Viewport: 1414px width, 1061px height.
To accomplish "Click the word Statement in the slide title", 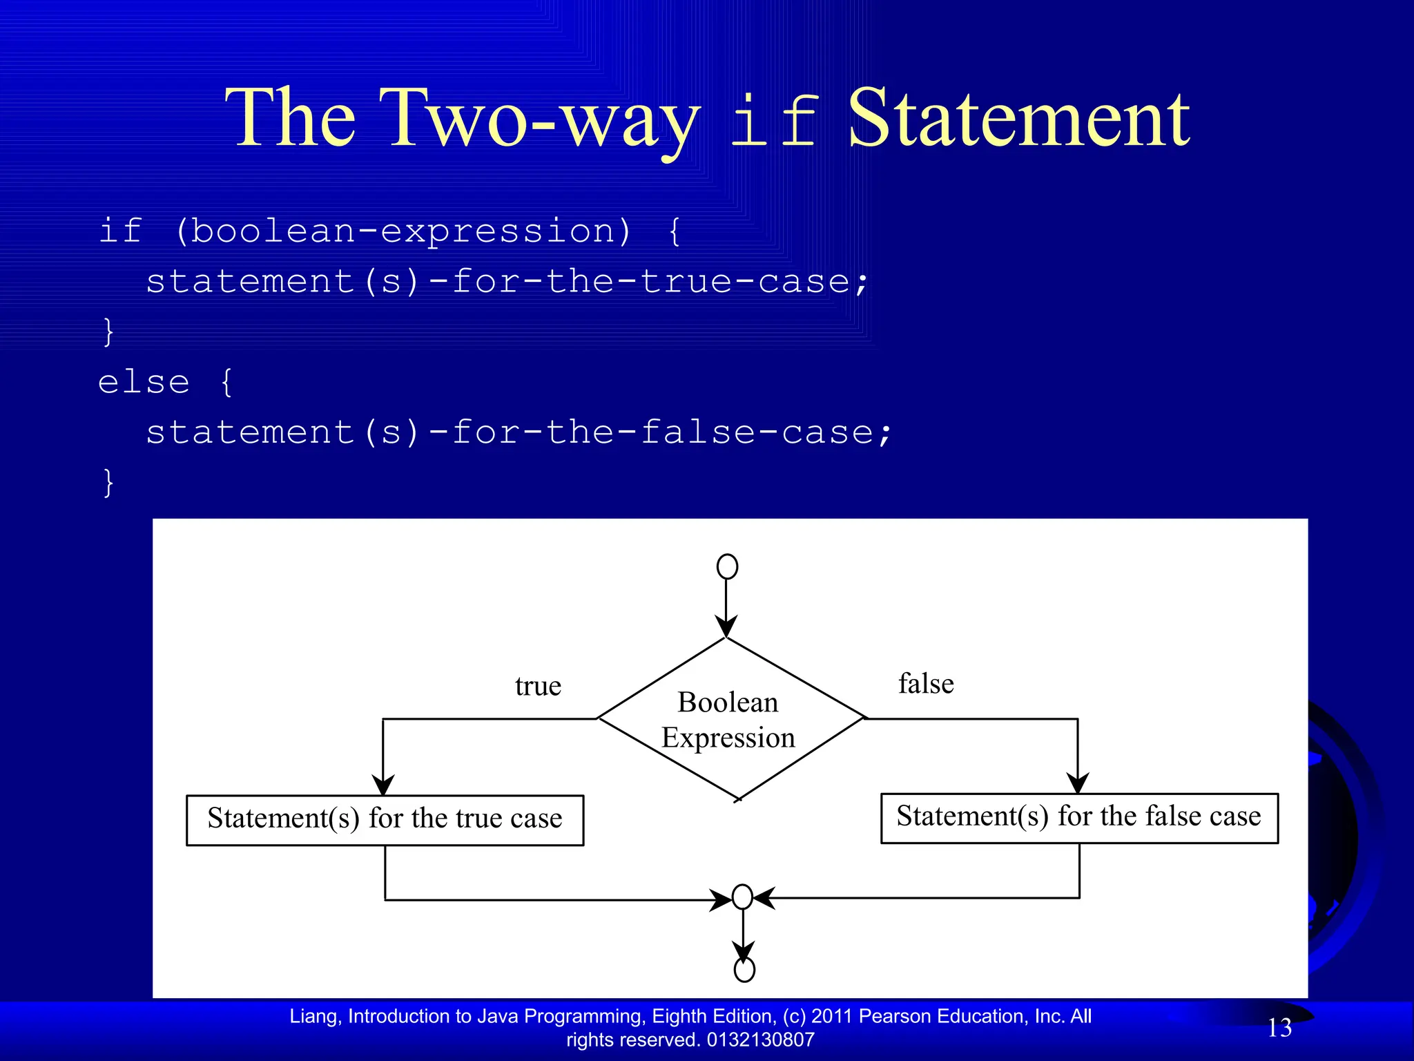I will tap(1018, 119).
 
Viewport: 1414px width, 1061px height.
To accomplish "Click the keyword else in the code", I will tap(144, 382).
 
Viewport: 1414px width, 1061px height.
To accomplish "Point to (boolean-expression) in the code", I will tap(403, 231).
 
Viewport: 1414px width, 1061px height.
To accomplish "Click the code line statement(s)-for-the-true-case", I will tap(507, 282).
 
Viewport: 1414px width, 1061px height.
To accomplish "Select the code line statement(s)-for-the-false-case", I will tap(519, 433).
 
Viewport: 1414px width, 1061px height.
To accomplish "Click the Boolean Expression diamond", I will tap(728, 719).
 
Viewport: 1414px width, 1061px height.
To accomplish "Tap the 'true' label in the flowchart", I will tap(538, 686).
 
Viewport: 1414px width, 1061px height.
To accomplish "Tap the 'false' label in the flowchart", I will tap(926, 684).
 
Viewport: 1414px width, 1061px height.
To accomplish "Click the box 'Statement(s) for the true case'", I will tap(385, 819).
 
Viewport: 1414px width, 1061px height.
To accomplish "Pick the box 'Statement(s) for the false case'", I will tap(1079, 817).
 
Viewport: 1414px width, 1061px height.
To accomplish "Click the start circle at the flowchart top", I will tap(727, 566).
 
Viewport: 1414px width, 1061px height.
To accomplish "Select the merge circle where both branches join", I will tap(742, 897).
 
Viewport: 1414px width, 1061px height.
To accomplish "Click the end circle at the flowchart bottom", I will tap(744, 970).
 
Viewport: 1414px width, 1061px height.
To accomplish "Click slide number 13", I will tap(1279, 1028).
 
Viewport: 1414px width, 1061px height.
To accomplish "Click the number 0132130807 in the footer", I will tap(761, 1040).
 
